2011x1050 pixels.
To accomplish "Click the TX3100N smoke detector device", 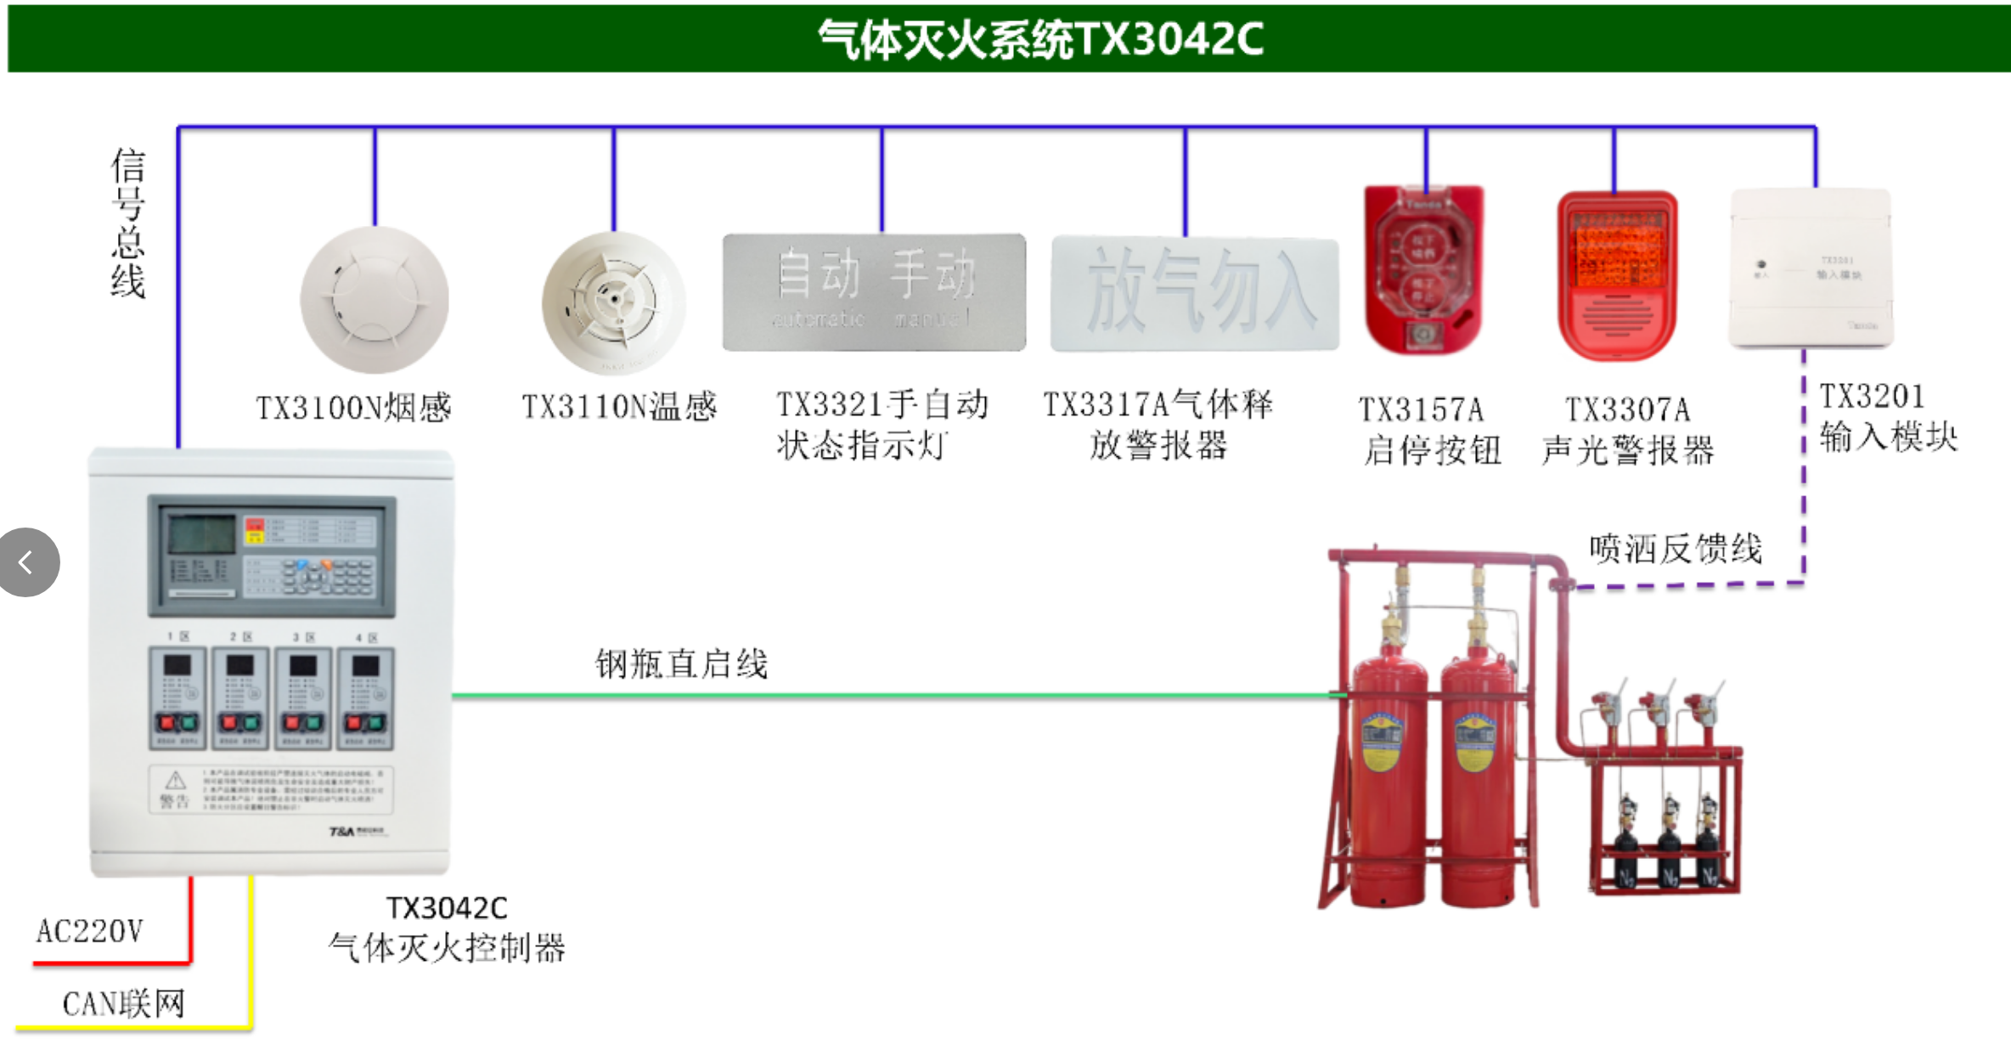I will point(375,299).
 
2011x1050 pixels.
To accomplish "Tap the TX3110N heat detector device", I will point(613,302).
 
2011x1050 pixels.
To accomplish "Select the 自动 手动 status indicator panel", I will point(874,292).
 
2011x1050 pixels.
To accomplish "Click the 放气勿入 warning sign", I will point(1194,294).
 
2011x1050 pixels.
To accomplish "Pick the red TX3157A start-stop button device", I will point(1423,270).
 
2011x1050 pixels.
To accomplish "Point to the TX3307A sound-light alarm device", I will point(1617,275).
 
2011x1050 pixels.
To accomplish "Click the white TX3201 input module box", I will point(1811,268).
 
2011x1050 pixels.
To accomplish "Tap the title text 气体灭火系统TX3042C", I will point(1040,39).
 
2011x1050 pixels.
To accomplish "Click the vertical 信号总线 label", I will point(127,223).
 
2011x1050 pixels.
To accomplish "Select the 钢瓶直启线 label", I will point(681,663).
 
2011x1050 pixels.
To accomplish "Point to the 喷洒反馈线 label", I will point(1676,549).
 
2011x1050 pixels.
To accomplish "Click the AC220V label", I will point(89,931).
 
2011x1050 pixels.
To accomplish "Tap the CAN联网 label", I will point(124,1004).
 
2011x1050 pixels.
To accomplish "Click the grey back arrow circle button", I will point(28,562).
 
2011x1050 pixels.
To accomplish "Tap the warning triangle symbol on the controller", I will point(175,780).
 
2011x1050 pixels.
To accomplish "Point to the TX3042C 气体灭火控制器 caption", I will point(447,929).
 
